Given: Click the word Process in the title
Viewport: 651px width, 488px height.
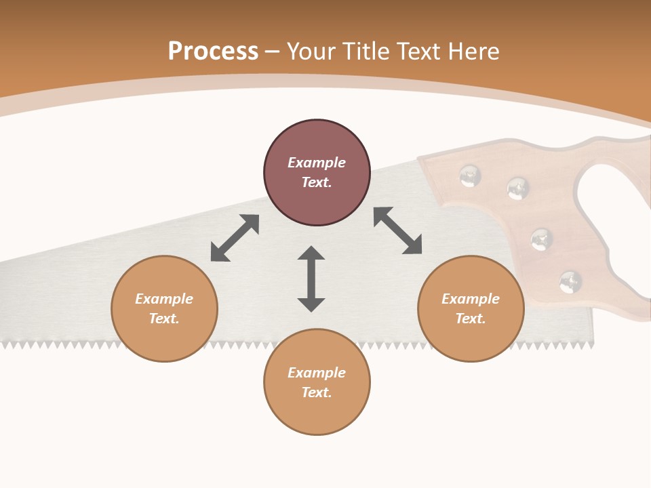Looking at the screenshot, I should tap(213, 52).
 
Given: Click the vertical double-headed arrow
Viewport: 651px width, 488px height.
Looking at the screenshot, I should tap(311, 279).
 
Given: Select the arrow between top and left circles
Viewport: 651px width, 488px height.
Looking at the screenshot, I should tap(235, 238).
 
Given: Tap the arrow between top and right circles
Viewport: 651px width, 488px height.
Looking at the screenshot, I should tap(398, 231).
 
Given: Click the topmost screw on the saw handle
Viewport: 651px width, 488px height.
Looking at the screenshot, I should tap(470, 176).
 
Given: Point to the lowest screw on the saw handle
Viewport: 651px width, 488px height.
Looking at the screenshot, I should tap(570, 281).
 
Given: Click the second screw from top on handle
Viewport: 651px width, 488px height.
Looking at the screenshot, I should tap(518, 188).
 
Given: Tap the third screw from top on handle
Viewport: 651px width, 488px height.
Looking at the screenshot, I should tap(541, 239).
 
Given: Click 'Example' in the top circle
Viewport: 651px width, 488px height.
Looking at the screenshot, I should tap(317, 163).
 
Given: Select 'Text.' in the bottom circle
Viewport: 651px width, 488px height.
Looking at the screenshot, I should tap(317, 392).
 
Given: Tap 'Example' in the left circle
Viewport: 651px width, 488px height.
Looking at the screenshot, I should tap(164, 299).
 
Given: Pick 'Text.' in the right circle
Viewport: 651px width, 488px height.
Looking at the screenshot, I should tap(471, 319).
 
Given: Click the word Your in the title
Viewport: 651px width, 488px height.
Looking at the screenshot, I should tap(311, 52).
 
